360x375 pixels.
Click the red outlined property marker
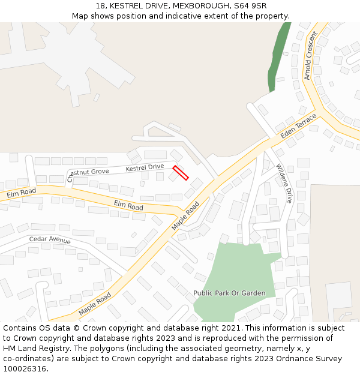181,173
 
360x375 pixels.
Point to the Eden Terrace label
298,124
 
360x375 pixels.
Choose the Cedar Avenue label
50,240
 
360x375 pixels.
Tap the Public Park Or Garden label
229,293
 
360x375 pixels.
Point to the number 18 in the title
100,6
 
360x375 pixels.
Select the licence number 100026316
24,368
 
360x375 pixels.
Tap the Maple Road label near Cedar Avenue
95,304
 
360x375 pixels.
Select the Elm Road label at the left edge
22,194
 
